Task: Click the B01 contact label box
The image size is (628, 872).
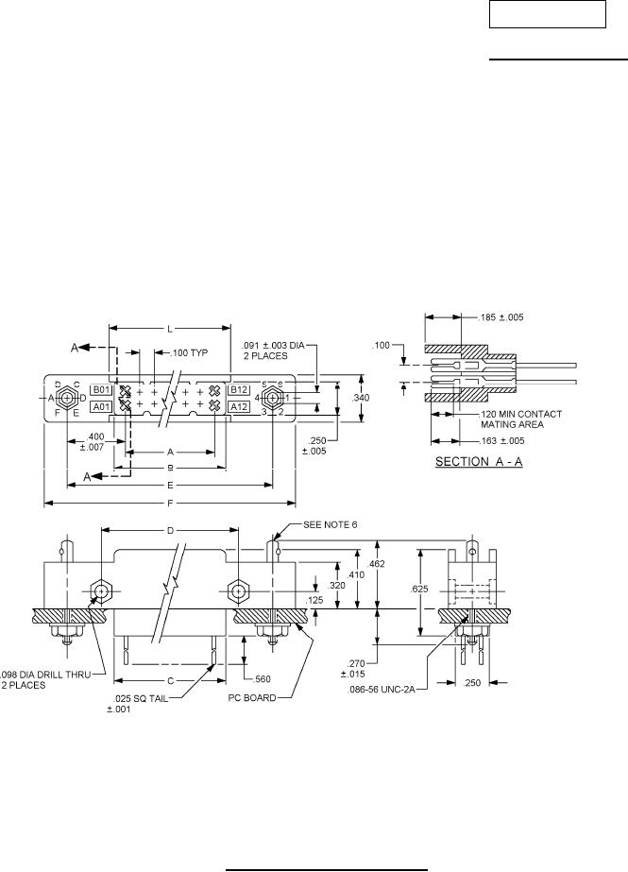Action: click(102, 389)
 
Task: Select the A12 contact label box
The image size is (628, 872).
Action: click(238, 406)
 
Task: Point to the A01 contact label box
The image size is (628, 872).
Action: click(102, 406)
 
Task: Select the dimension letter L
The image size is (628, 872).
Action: click(170, 329)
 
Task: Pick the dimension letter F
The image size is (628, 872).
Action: click(170, 503)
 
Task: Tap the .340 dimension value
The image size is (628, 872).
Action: click(361, 398)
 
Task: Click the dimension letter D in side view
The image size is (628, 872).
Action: click(170, 530)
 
